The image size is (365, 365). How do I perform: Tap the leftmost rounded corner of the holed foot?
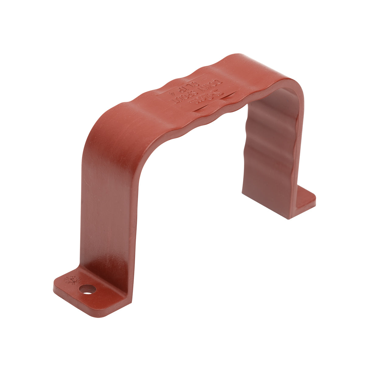55,284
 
